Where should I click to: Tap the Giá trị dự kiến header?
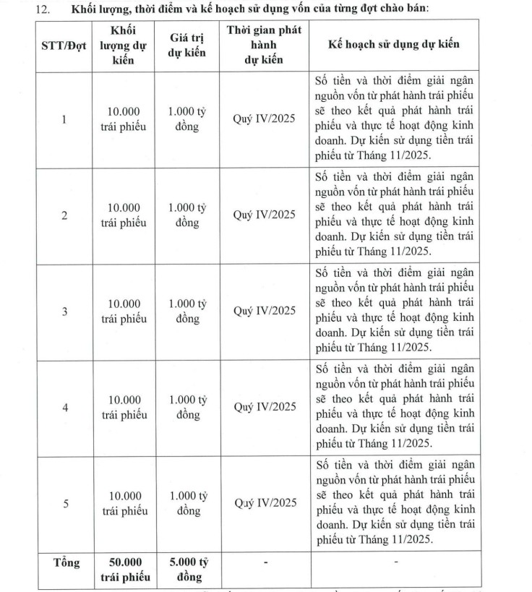tap(187, 45)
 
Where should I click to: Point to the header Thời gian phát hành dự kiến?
tap(264, 45)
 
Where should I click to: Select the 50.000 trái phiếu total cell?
tap(124, 569)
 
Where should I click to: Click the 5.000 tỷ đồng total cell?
tap(187, 569)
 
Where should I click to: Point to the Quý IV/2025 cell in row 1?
tap(264, 119)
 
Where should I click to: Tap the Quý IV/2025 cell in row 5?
tap(264, 504)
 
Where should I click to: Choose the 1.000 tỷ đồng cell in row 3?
tap(187, 312)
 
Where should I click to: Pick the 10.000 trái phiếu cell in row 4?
tap(124, 408)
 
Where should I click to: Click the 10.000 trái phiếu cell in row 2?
tap(124, 215)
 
